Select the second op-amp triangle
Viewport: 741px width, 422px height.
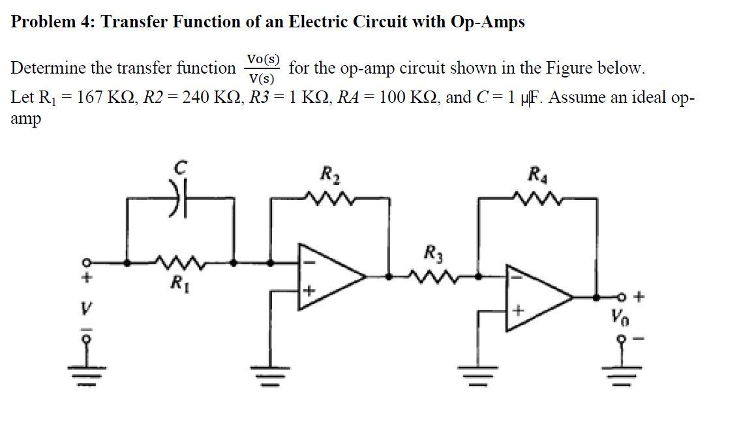click(x=538, y=297)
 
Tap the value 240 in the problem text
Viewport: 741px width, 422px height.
click(x=195, y=98)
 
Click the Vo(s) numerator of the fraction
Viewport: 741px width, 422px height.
click(x=262, y=59)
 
